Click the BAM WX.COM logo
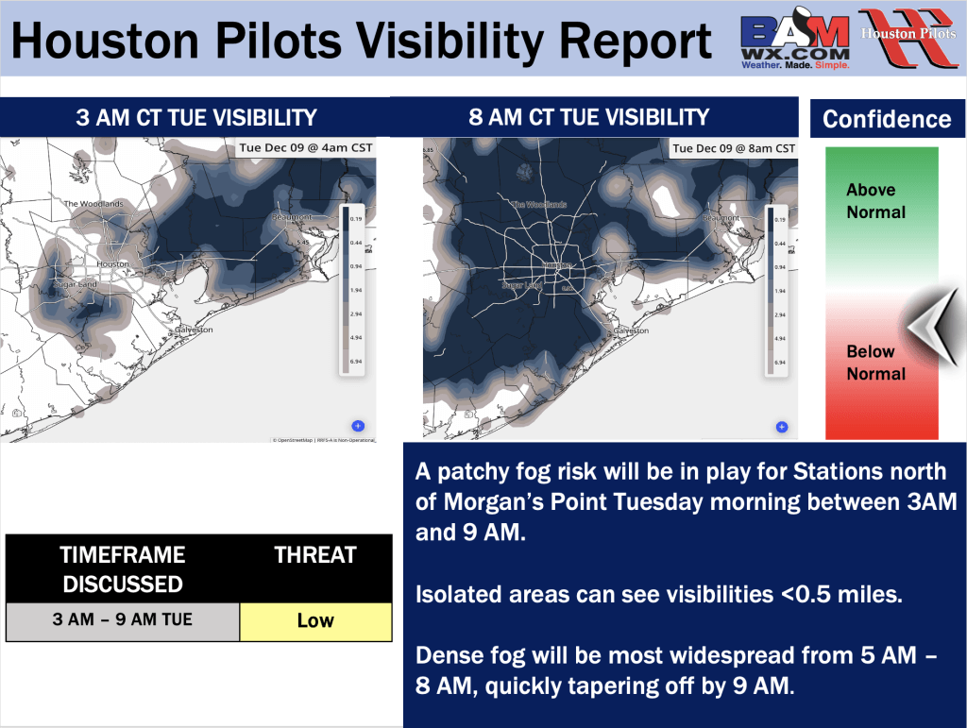[x=796, y=42]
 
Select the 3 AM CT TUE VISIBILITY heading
[x=196, y=118]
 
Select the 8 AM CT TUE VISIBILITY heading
[x=588, y=117]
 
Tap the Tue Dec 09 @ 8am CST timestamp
[x=733, y=148]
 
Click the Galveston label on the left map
[x=194, y=330]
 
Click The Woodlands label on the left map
[x=93, y=204]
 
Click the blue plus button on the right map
[x=782, y=427]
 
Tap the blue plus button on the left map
[x=359, y=426]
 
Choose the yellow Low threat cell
[x=315, y=620]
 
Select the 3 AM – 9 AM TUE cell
[x=123, y=620]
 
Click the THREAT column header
[x=315, y=555]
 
